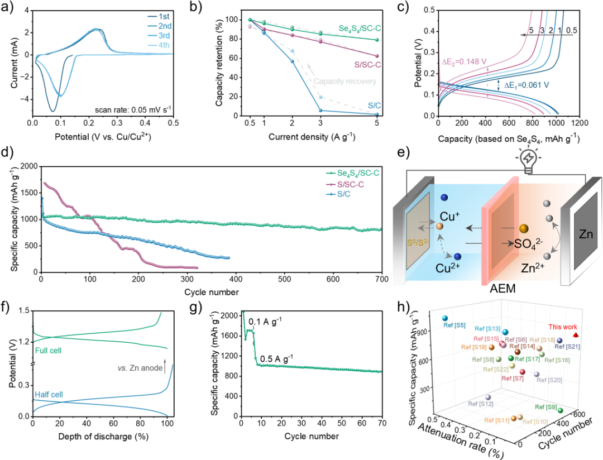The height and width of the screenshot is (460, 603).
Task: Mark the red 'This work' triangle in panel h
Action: coord(576,336)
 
